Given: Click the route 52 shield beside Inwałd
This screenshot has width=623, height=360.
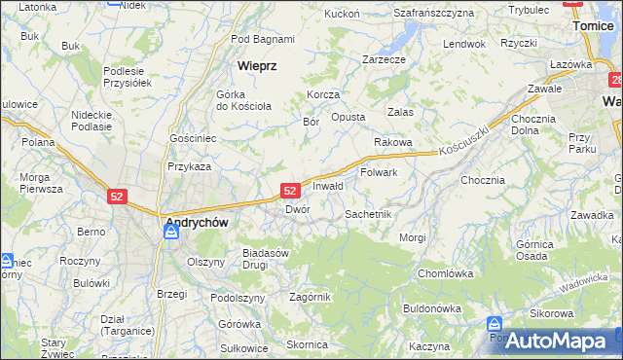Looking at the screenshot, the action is pos(290,190).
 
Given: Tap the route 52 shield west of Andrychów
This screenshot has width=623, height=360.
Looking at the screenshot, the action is pos(118,196).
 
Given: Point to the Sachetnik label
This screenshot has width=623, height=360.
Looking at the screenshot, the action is pos(368,213).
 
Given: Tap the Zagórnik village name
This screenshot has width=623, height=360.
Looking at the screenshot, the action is pos(311,297).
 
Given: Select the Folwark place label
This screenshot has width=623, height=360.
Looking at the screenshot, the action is pos(379,172).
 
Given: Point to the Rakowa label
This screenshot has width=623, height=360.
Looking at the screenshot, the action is pos(393,142).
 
